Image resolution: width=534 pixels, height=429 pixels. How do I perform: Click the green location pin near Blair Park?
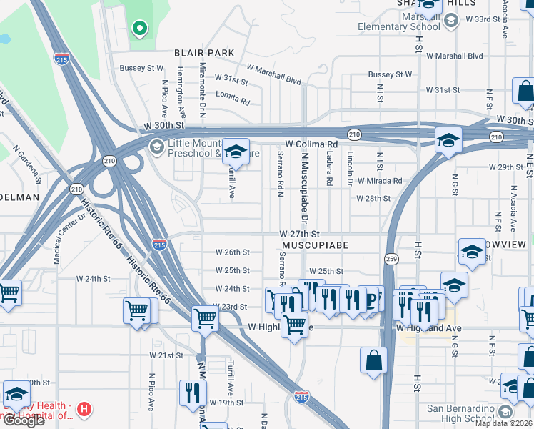coord(140,29)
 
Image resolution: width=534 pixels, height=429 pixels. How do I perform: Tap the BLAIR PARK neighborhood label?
coord(204,53)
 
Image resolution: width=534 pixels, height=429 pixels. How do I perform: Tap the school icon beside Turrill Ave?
coord(236,152)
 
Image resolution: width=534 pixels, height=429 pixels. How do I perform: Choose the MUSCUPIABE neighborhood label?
coord(315,245)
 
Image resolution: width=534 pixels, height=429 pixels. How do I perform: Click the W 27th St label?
coord(299,234)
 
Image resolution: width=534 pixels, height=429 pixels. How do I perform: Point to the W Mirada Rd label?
coord(380,181)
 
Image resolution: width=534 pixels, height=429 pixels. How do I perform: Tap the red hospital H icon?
coord(84,410)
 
